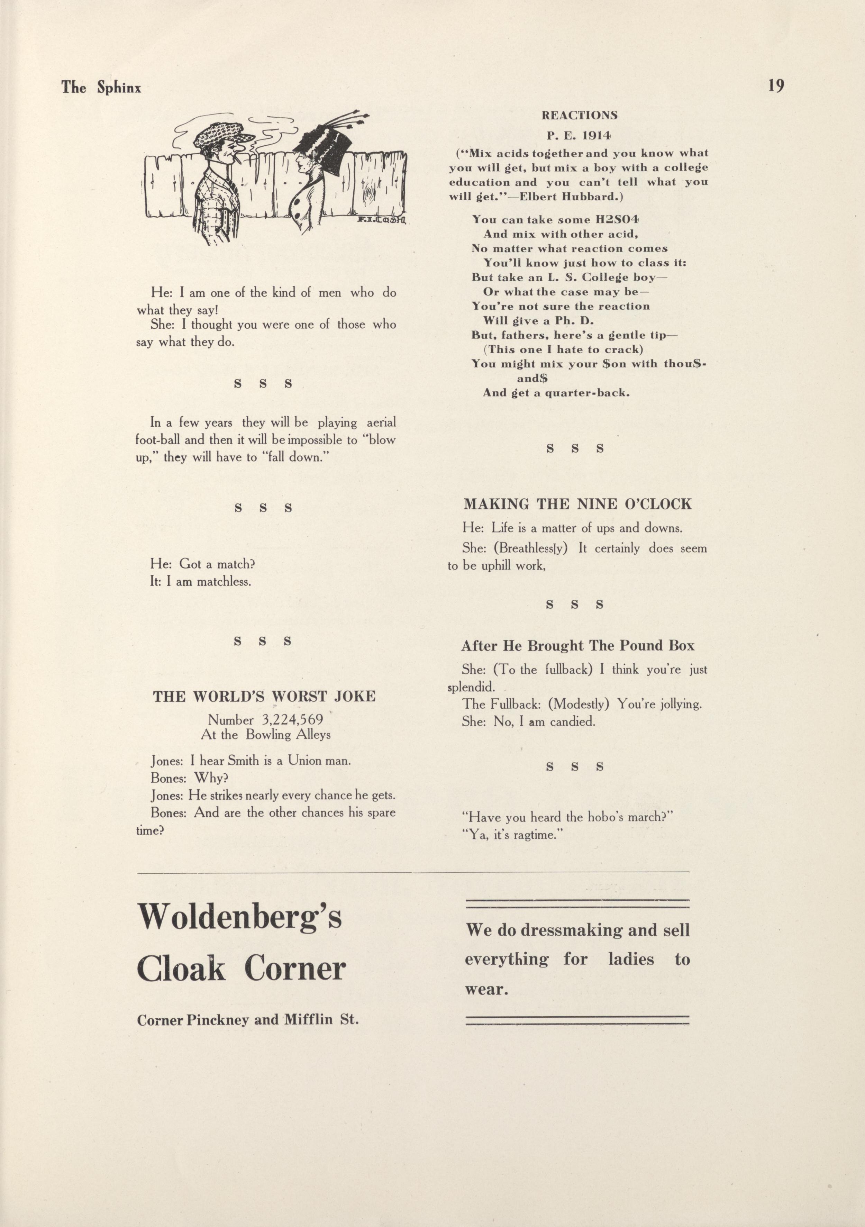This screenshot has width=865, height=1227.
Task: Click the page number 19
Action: pyautogui.click(x=776, y=86)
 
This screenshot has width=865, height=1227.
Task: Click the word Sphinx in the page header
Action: pyautogui.click(x=119, y=88)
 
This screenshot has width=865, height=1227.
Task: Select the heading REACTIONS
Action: pyautogui.click(x=579, y=116)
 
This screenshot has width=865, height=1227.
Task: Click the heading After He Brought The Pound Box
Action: pyautogui.click(x=577, y=646)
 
